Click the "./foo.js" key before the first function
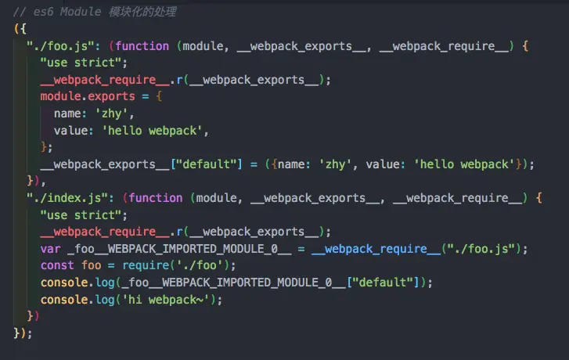62,45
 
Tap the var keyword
50,248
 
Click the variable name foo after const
92,265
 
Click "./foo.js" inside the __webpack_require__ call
479,248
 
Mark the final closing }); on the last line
23,332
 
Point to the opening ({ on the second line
20,29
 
